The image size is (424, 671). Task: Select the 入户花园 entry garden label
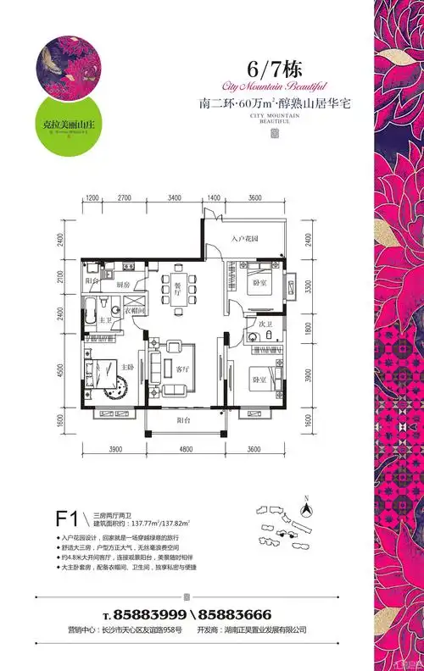(244, 240)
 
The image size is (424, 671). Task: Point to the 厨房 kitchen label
(123, 286)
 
